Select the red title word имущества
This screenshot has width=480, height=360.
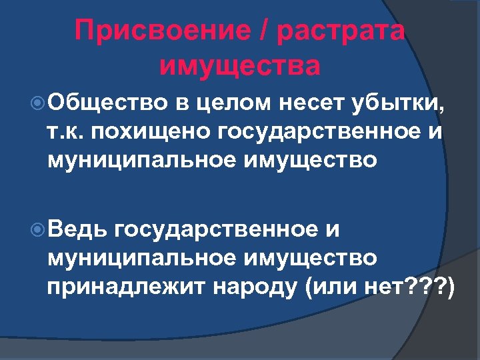(x=240, y=66)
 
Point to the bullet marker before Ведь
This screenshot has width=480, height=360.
(x=38, y=230)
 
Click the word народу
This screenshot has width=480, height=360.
(x=257, y=288)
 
